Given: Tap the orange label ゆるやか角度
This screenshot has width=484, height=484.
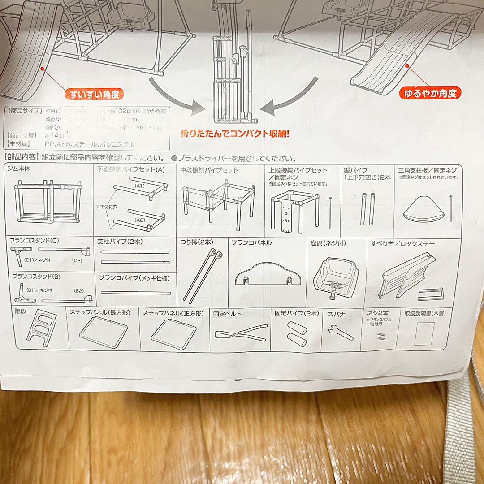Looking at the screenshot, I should (430, 93).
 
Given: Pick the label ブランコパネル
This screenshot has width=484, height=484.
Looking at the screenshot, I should (251, 242).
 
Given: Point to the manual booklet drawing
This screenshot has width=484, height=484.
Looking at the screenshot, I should (424, 334).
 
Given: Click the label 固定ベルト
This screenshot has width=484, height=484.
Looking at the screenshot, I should (227, 314).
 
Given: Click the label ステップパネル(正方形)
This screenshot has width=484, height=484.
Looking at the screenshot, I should (173, 313).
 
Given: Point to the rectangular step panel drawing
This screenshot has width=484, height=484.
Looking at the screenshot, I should (103, 332).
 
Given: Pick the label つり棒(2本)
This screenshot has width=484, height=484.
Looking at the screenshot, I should (197, 242).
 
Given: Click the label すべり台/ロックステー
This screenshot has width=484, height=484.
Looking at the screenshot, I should (403, 244).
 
